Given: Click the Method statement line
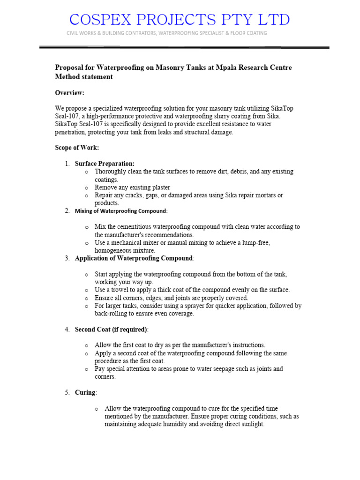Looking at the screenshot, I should [x=84, y=77].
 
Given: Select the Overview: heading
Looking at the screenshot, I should [x=69, y=93].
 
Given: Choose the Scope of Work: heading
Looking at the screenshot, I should [x=77, y=148].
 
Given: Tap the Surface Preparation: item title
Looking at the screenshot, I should [x=105, y=164].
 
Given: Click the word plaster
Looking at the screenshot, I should [x=157, y=187].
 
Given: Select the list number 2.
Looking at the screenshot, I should [x=67, y=211].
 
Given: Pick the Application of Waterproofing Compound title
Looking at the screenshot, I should [x=134, y=258].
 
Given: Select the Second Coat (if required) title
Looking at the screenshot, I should [x=111, y=330].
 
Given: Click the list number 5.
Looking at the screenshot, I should [x=67, y=392].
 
